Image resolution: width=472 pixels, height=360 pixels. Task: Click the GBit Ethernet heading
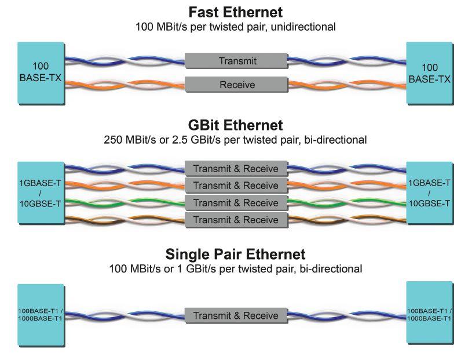[236, 125]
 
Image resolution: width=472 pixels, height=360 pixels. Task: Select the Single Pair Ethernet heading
[236, 254]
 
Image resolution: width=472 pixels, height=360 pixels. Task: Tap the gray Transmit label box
[236, 60]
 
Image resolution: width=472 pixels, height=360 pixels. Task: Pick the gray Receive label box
[236, 85]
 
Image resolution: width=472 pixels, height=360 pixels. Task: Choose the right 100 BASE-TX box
[429, 73]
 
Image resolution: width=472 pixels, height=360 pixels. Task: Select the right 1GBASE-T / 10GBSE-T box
[429, 192]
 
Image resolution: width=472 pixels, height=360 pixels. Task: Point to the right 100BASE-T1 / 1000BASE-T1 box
[429, 314]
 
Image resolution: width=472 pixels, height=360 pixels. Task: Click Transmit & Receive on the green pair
[236, 203]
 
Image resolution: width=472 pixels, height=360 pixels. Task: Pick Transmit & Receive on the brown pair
[236, 220]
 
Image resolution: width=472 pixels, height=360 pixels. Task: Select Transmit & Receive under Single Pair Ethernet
[236, 316]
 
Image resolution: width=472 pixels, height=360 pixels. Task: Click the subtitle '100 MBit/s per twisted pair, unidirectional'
[236, 27]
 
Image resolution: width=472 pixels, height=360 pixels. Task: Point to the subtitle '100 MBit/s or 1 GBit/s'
[236, 268]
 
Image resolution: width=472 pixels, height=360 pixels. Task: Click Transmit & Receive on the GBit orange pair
[236, 186]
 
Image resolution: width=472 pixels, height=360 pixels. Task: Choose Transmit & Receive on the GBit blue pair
[236, 169]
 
